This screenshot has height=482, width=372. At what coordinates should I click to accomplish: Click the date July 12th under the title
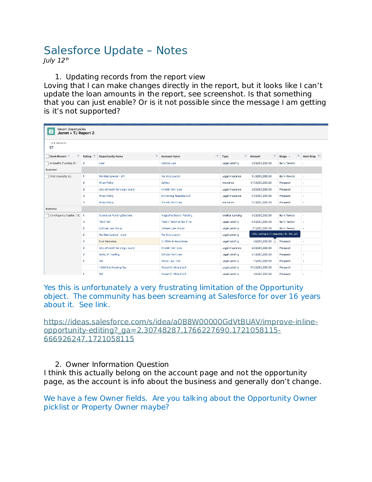pos(56,61)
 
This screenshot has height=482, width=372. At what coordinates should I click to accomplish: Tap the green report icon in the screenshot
pos(51,131)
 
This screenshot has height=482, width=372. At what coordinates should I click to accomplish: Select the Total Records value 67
pos(51,147)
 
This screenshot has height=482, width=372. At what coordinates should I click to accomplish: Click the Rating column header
pos(87,156)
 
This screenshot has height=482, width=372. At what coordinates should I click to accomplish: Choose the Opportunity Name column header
pos(111,156)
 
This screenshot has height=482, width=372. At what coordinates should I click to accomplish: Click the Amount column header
pos(255,156)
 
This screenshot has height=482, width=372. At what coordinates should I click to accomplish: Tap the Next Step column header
pos(309,156)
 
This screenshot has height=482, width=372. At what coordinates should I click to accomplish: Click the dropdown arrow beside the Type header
pos(245,156)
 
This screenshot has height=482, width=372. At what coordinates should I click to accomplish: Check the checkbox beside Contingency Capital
pos(47,216)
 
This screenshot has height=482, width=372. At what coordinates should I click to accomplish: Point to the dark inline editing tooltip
pos(275,234)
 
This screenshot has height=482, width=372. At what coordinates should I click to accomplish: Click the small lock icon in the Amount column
pos(275,241)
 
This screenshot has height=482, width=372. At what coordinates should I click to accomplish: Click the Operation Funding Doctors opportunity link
pos(115,215)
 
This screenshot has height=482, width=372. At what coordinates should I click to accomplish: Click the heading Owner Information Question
pos(117,364)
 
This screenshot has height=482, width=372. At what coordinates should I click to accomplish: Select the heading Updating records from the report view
pos(135,77)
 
